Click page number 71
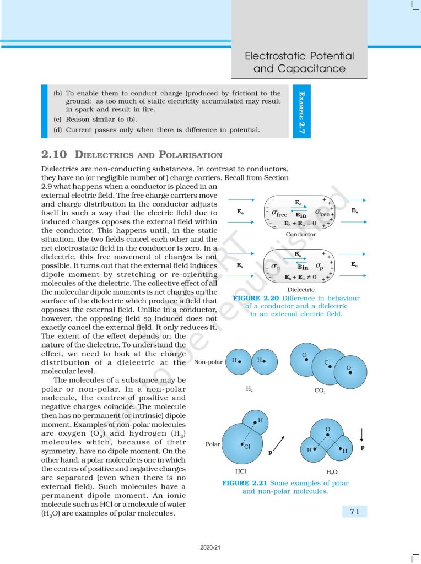point(354,512)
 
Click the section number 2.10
point(54,155)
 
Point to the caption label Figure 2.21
point(243,483)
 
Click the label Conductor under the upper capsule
point(301,234)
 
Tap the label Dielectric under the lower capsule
point(301,289)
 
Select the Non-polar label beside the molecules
point(208,362)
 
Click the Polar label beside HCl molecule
point(213,443)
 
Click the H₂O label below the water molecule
point(332,472)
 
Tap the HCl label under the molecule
point(240,472)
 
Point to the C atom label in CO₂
point(326,362)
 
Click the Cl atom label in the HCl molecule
point(247,447)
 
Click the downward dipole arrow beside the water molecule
point(362,435)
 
